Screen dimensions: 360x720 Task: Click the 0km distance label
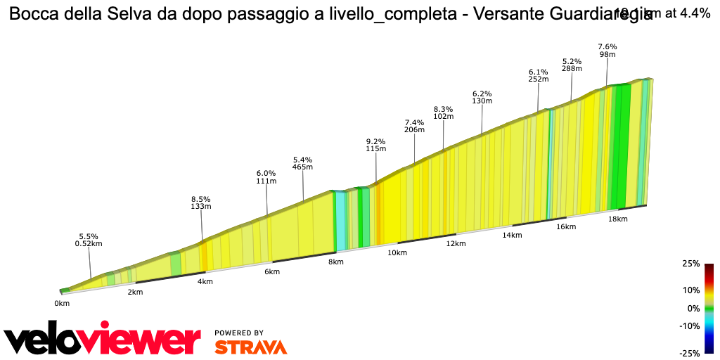(x=62, y=303)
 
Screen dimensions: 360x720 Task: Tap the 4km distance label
(x=205, y=281)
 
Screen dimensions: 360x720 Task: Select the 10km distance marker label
(x=397, y=252)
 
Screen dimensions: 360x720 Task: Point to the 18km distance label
(x=617, y=219)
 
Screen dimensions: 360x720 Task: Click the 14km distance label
(x=511, y=235)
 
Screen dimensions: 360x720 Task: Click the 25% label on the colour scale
(x=691, y=264)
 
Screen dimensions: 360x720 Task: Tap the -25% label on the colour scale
(x=690, y=353)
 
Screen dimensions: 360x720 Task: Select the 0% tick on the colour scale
(x=693, y=308)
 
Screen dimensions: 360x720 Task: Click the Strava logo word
(x=250, y=347)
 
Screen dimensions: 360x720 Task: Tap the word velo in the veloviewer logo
(x=48, y=341)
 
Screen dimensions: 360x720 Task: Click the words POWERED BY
(x=239, y=333)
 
